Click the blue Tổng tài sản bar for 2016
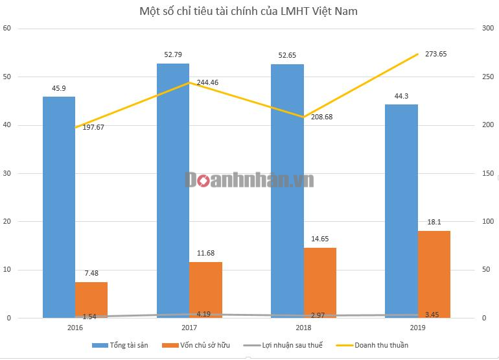(x=59, y=207)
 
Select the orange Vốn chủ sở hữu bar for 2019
(x=434, y=274)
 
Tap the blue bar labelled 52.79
(x=173, y=191)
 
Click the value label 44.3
(x=401, y=96)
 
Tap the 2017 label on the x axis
(x=189, y=328)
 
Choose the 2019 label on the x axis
(x=417, y=328)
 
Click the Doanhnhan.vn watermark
(x=250, y=180)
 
